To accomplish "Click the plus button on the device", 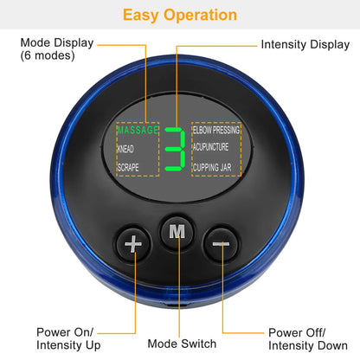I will coord(132,244).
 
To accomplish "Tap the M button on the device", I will coord(177,232).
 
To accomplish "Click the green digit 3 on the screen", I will coord(176,148).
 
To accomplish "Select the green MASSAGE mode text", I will coord(138,130).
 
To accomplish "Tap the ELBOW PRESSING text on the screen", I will coord(216,130).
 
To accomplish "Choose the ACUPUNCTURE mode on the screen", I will coord(214,147).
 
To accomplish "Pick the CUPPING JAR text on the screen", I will coord(213,165).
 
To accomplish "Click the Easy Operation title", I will coord(179,15).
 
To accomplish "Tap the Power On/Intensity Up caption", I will coord(67,338).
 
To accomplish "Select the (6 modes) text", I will coord(48,55).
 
